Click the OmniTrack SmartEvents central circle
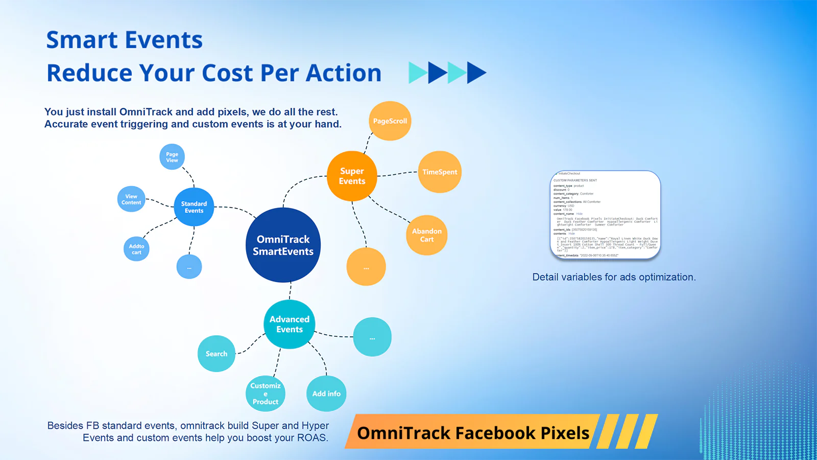tap(283, 245)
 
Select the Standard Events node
tap(194, 207)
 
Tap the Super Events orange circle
tap(352, 176)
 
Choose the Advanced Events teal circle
tap(290, 324)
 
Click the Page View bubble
tap(172, 157)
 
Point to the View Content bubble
tap(131, 199)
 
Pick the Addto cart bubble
tap(136, 249)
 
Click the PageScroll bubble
tap(390, 121)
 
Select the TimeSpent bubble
tap(440, 172)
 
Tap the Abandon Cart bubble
tap(427, 235)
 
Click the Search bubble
tap(217, 354)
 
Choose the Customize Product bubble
tap(266, 394)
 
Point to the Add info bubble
tap(326, 394)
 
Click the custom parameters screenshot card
tap(606, 215)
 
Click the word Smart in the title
tap(82, 40)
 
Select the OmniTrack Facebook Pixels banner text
tap(473, 433)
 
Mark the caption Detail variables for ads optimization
tap(614, 277)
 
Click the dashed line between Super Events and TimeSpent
tap(397, 174)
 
